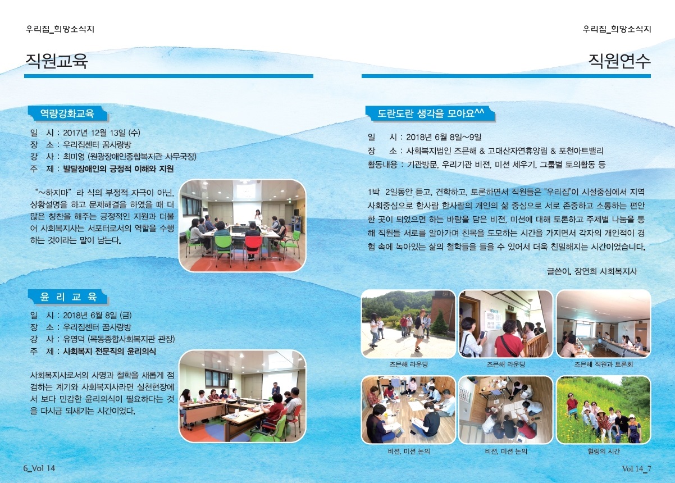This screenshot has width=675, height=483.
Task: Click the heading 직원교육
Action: pyautogui.click(x=57, y=61)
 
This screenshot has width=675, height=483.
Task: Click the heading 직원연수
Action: pyautogui.click(x=619, y=61)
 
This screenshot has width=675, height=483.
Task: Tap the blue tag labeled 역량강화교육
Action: pyautogui.click(x=67, y=113)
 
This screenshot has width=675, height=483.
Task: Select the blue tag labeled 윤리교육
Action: pyautogui.click(x=68, y=297)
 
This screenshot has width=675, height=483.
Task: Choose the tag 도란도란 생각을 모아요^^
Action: pyautogui.click(x=430, y=114)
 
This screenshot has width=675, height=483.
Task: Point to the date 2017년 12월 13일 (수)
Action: pyautogui.click(x=102, y=133)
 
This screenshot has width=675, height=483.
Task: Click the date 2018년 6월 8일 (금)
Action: pyautogui.click(x=97, y=316)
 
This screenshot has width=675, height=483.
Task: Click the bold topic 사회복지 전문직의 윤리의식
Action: pyautogui.click(x=110, y=352)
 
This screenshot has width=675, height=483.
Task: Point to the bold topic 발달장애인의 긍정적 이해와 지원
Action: pyautogui.click(x=118, y=168)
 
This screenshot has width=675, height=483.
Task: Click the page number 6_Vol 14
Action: pyautogui.click(x=39, y=468)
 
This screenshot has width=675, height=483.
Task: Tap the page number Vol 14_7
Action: pyautogui.click(x=636, y=469)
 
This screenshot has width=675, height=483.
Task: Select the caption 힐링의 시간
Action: pyautogui.click(x=604, y=451)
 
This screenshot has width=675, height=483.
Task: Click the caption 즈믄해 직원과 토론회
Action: pyautogui.click(x=603, y=364)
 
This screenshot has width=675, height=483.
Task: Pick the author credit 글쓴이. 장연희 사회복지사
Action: pyautogui.click(x=592, y=271)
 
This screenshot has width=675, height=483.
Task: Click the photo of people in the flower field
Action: pyautogui.click(x=604, y=410)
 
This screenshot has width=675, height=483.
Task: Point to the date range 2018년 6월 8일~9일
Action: pyautogui.click(x=444, y=138)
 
